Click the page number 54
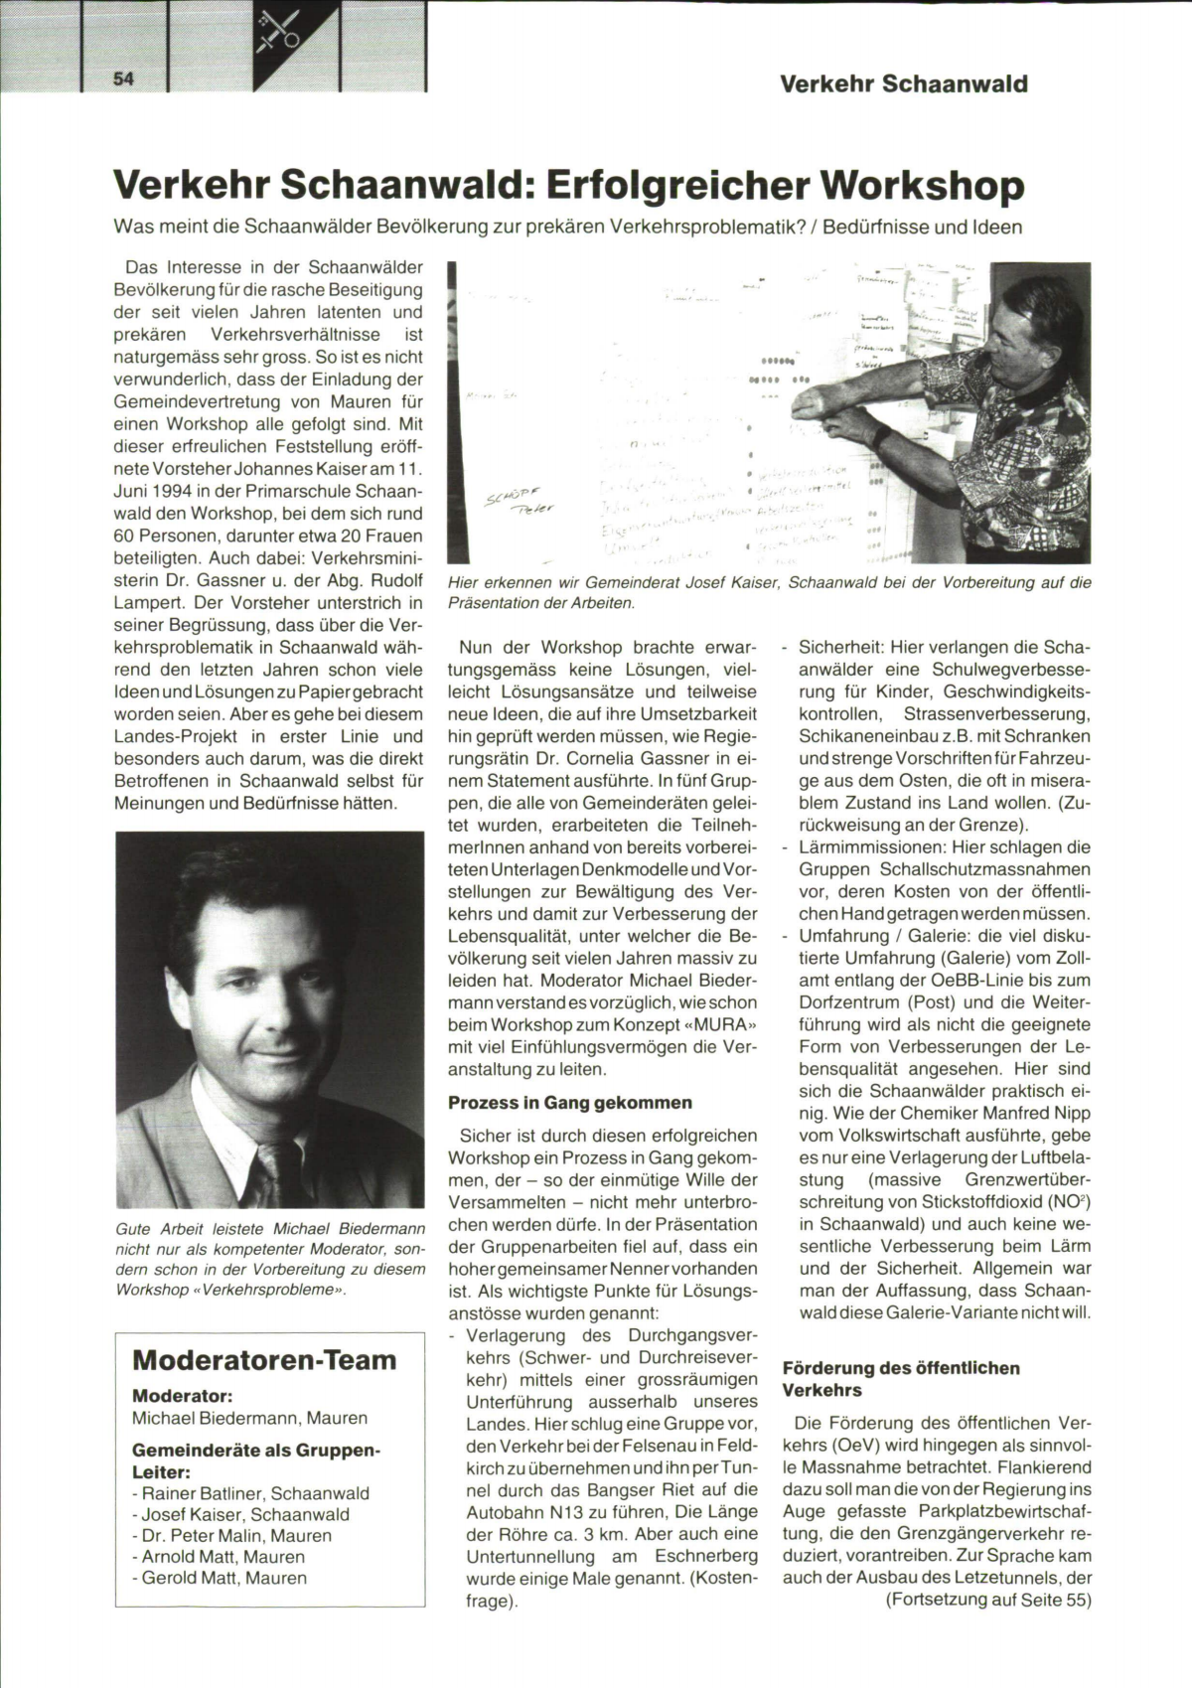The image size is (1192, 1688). coord(124,79)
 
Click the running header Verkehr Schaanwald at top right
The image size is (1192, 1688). coord(904,83)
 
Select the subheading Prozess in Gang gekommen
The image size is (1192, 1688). coord(569,1103)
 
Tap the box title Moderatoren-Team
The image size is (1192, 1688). coord(264,1359)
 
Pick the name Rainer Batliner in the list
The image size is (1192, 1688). coord(199,1493)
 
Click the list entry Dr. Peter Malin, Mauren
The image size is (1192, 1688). coord(231,1535)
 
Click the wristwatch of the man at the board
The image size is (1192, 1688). coord(878,434)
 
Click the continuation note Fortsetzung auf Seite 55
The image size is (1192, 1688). coord(988,1600)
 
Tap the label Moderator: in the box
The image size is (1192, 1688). coord(182,1395)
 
